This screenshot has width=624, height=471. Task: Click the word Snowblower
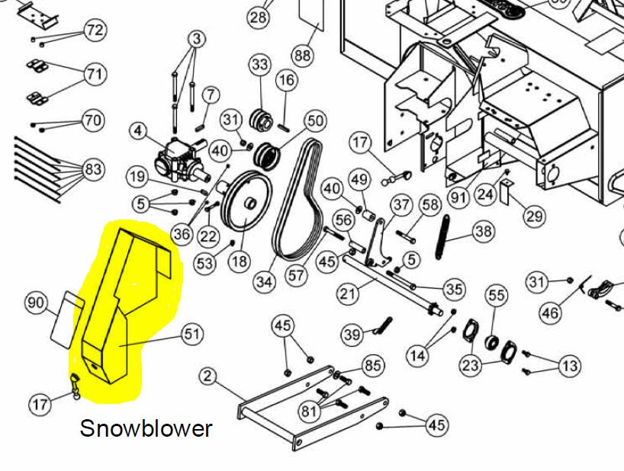click(146, 428)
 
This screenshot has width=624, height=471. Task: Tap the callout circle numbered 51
click(192, 335)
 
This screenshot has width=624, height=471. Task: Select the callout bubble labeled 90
click(36, 303)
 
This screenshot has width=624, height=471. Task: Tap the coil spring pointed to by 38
click(442, 237)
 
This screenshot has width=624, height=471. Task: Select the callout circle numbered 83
click(93, 169)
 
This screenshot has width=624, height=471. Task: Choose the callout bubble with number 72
click(95, 30)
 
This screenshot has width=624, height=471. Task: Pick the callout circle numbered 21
click(348, 293)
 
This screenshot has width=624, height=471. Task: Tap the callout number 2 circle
click(207, 376)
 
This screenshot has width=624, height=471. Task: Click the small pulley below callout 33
click(261, 119)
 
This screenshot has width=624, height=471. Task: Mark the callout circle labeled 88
click(302, 54)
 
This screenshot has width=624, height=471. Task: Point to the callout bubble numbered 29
click(535, 216)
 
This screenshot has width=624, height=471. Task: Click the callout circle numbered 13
click(571, 365)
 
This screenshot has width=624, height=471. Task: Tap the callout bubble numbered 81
click(309, 411)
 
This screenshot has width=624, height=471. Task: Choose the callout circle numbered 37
click(401, 205)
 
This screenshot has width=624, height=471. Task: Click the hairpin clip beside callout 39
click(382, 326)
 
